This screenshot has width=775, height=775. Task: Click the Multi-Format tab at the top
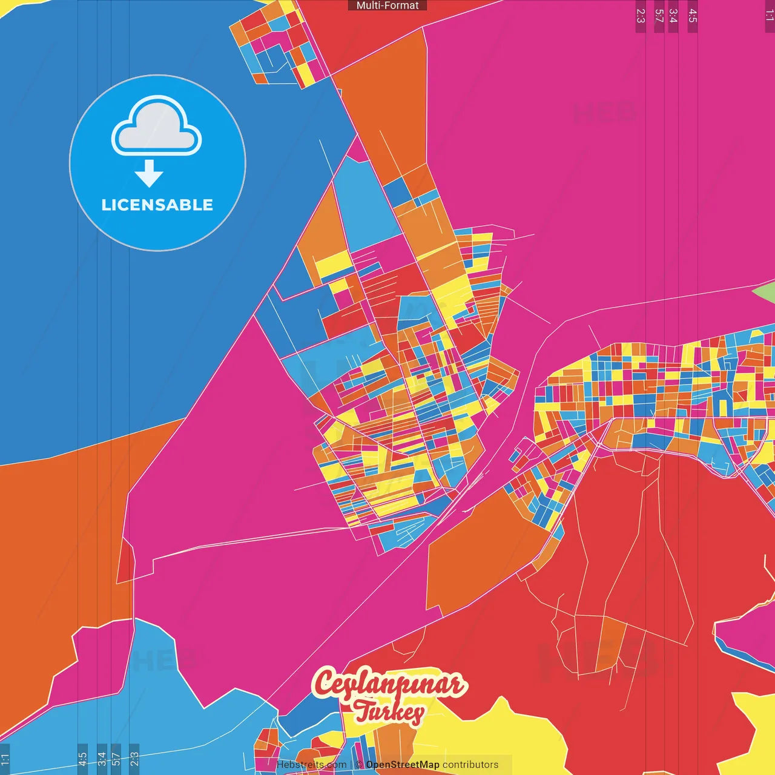[x=387, y=5]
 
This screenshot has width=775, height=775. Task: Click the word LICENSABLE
[x=157, y=205]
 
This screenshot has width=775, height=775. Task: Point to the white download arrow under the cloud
[x=149, y=174]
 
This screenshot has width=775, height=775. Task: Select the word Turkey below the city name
[x=389, y=713]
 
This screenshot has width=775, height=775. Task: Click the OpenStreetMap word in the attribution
[x=403, y=765]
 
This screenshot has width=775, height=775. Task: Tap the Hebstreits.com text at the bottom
[x=311, y=765]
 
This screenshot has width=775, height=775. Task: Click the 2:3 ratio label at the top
[x=641, y=16]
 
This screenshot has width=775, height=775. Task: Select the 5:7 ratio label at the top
[x=659, y=16]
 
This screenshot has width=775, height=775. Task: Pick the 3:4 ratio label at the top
[x=673, y=16]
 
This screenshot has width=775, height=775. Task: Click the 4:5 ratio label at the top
[x=693, y=16]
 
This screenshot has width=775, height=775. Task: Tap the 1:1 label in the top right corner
[x=769, y=15]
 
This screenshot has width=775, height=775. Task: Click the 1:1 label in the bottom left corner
[x=5, y=759]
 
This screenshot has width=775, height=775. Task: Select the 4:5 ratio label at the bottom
[x=83, y=759]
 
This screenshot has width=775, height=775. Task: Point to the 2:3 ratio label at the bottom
[x=134, y=759]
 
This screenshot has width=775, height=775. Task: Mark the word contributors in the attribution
[x=470, y=765]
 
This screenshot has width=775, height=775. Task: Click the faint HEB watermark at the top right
[x=604, y=113]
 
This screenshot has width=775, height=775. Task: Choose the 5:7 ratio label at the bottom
[x=116, y=759]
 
